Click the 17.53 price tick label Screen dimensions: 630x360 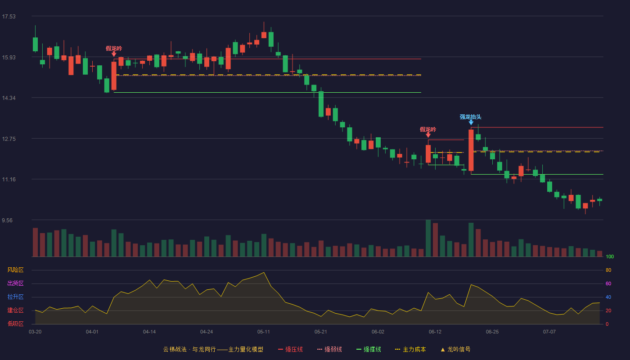tap(9, 17)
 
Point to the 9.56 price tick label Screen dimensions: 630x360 tap(7, 220)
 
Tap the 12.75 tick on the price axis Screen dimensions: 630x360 tap(9, 139)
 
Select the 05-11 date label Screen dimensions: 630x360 tap(264, 332)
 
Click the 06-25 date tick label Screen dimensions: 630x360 tap(492, 332)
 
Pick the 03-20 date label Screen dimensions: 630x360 tap(35, 332)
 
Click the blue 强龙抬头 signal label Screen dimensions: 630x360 tap(471, 117)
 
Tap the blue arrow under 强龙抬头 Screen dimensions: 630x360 tap(471, 122)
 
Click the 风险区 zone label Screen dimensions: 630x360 tap(15, 270)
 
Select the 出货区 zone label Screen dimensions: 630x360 tap(15, 283)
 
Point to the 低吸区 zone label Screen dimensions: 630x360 tap(15, 324)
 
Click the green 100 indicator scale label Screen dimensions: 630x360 tap(610, 256)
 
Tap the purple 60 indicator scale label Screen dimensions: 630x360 tap(608, 283)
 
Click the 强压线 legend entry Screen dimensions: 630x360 tap(291, 349)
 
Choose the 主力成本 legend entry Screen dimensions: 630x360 tap(410, 349)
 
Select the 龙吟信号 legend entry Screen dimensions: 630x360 tap(455, 349)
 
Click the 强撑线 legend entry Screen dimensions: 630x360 tap(369, 349)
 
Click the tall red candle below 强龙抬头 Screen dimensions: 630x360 tap(471, 150)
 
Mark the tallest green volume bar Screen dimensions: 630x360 tap(428, 238)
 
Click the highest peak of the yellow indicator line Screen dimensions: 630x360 tap(264, 272)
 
